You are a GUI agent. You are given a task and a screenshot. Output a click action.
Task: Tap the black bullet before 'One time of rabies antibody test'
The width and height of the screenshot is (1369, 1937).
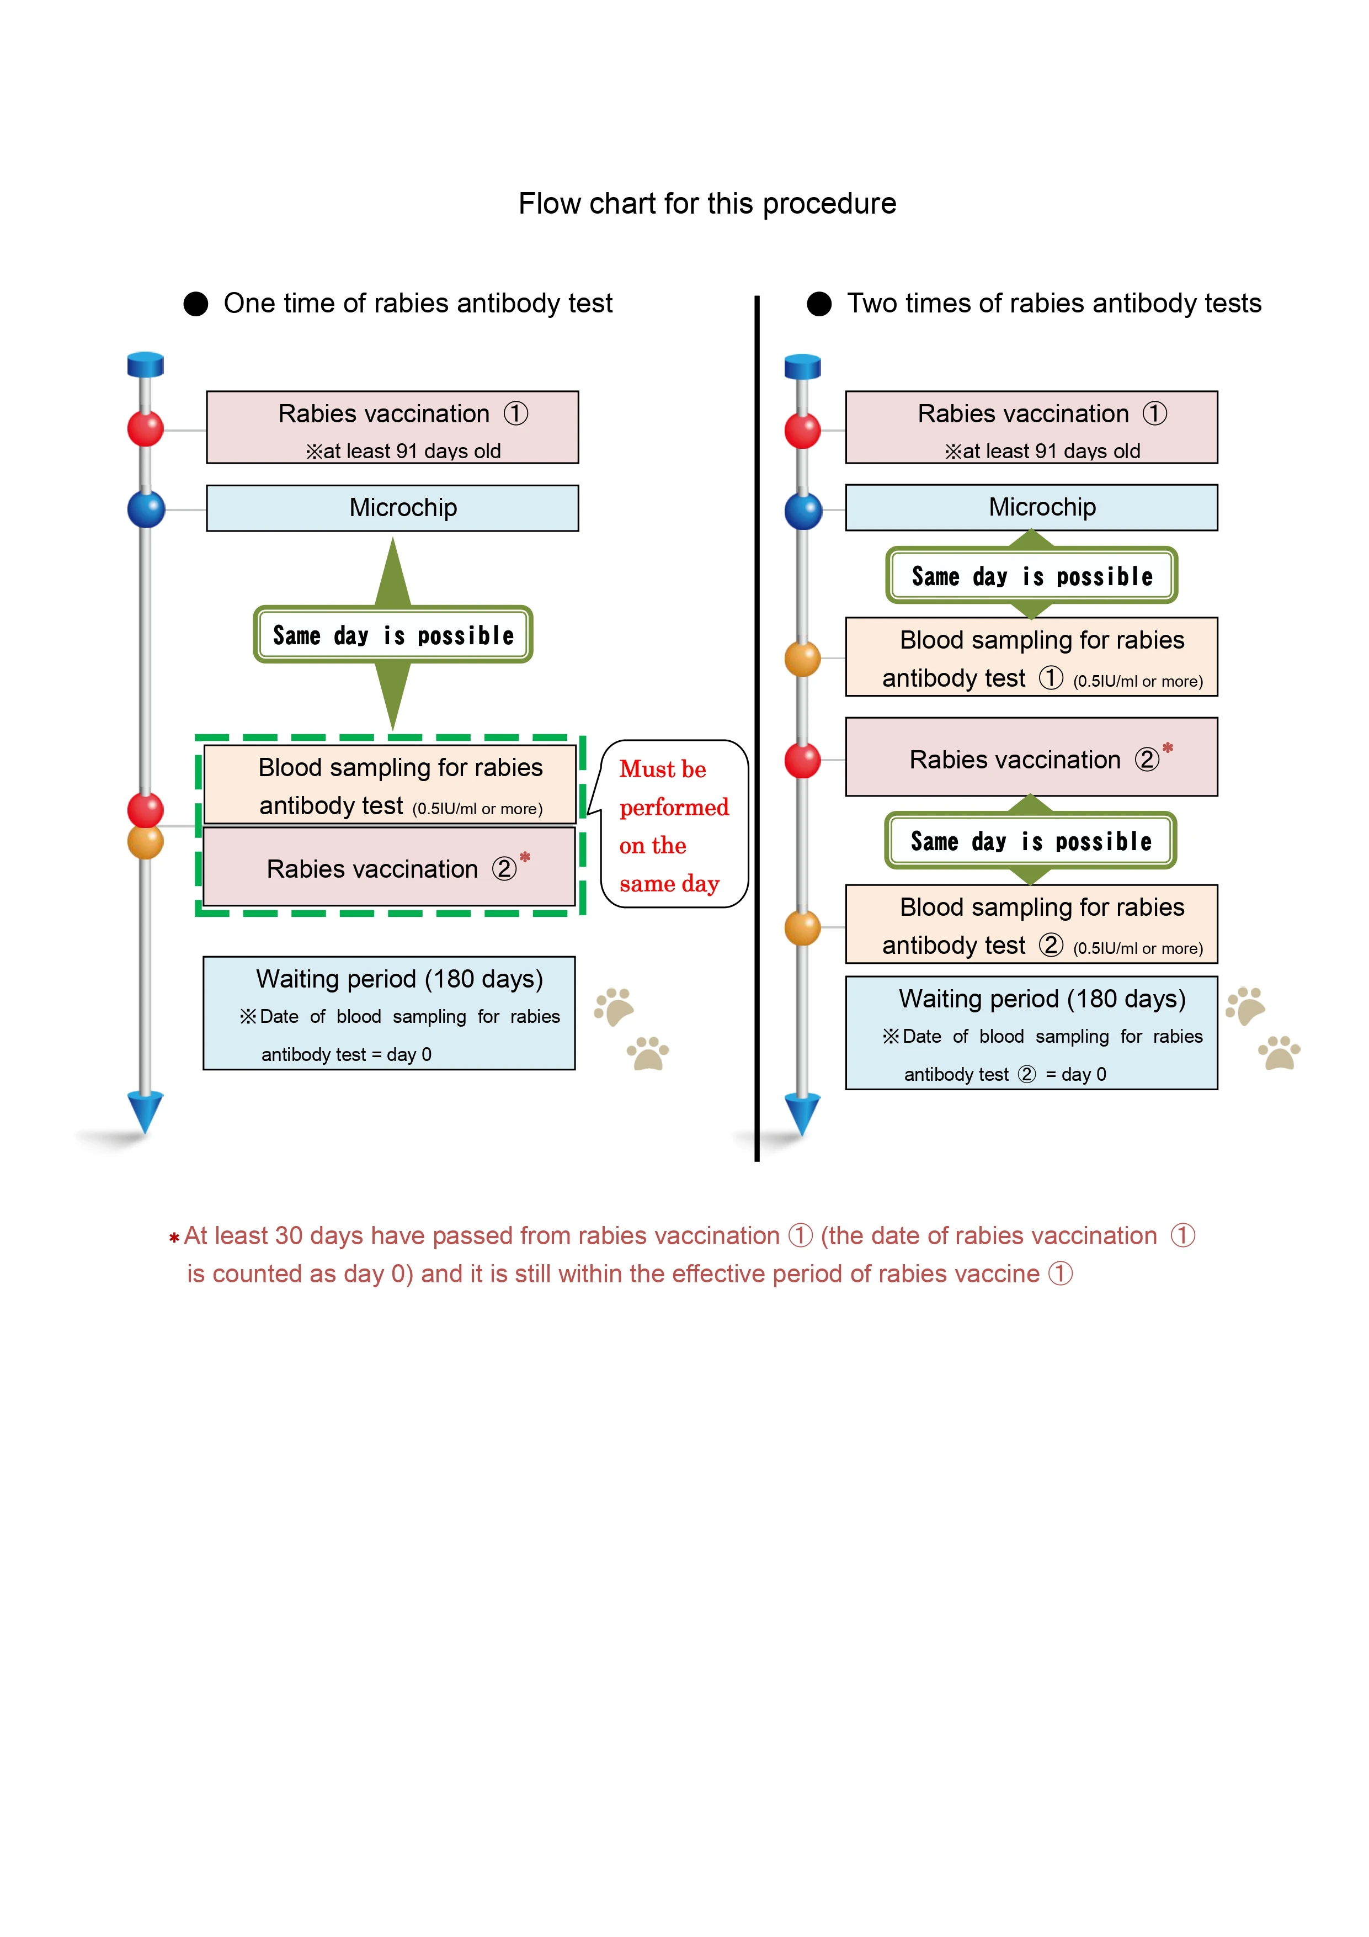tap(196, 304)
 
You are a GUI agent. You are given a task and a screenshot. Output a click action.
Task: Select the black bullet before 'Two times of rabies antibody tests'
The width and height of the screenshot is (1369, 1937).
tap(819, 304)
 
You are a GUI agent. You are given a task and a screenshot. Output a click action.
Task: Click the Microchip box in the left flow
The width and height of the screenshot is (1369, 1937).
tap(392, 508)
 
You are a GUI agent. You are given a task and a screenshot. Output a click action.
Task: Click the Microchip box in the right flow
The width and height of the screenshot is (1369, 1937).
tap(1032, 507)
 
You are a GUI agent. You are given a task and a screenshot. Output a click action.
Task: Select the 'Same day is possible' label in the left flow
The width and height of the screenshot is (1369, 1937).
tap(393, 634)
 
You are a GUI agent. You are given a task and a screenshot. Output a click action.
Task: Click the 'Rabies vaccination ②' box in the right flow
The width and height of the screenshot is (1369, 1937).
tap(1032, 757)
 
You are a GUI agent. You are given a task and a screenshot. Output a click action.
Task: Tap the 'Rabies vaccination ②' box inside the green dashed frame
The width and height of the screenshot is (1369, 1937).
tap(390, 867)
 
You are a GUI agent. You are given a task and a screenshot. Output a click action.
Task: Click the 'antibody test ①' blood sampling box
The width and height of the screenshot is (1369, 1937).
tap(1032, 657)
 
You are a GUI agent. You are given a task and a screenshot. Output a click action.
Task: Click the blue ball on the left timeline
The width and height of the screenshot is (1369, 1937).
tap(146, 510)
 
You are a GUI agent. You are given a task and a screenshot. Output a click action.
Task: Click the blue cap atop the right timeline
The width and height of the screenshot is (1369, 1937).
tap(802, 366)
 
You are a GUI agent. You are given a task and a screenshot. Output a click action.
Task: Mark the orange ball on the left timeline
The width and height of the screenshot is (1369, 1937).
tap(145, 841)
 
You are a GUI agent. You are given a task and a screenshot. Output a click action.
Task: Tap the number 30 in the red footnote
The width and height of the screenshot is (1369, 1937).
tap(289, 1236)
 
